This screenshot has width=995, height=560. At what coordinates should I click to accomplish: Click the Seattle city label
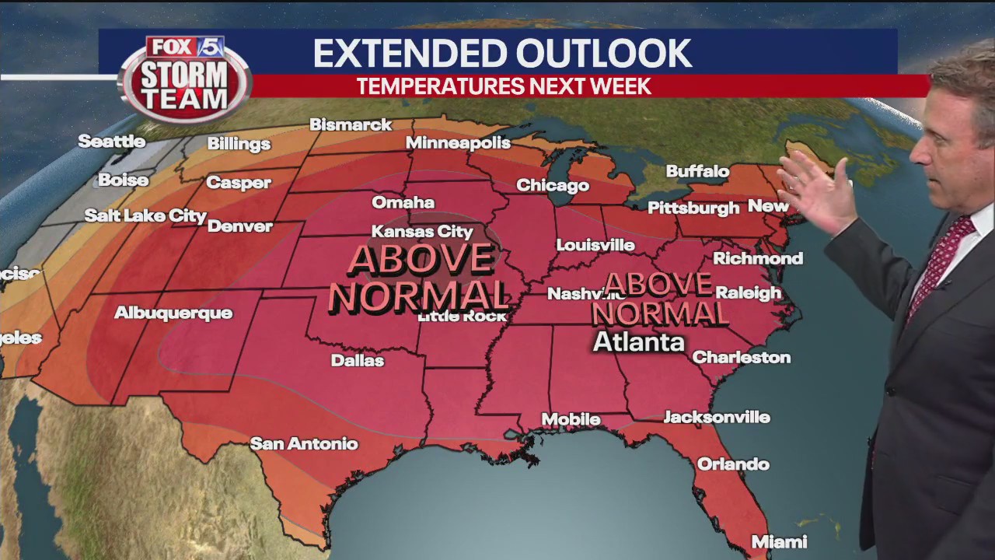(x=112, y=142)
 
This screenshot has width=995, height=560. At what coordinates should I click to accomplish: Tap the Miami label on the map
(x=778, y=541)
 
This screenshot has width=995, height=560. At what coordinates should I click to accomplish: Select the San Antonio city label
(x=304, y=444)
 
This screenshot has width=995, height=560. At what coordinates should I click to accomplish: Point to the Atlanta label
(x=639, y=342)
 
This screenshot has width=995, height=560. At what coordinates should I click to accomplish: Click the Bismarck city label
(x=351, y=124)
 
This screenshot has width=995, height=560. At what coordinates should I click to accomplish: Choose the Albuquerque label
(x=173, y=313)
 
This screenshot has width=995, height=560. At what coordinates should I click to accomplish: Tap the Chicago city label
(x=553, y=185)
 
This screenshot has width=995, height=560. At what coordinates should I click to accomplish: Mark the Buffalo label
(x=697, y=171)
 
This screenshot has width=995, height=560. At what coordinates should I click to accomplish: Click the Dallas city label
(x=358, y=360)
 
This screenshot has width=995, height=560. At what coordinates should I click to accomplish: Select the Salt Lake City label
(x=145, y=215)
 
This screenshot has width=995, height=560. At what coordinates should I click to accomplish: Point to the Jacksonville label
(x=716, y=418)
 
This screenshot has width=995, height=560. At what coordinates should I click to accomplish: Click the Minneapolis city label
(x=458, y=143)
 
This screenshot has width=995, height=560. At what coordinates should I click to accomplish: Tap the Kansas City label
(x=422, y=232)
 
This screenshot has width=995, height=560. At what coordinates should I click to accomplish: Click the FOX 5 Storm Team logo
(x=185, y=78)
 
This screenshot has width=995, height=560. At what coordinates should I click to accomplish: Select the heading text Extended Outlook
(x=501, y=53)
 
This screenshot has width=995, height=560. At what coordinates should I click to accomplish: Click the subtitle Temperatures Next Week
(x=504, y=86)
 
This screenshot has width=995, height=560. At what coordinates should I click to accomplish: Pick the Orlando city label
(x=733, y=464)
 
